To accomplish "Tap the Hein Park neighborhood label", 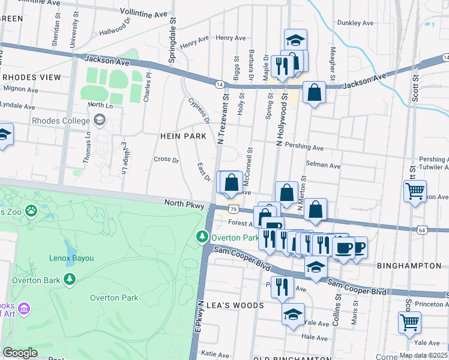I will coord(183,136).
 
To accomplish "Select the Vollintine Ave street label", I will coord(143,11).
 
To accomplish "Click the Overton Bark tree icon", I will coord(70,279).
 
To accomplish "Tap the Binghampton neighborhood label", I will coord(412,265).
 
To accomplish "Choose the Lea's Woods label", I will coord(235,305).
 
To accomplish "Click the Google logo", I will coord(20,353).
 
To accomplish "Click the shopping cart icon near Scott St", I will coord(415,192).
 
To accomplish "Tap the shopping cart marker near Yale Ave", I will coord(409,322).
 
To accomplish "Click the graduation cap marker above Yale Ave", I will coord(293,314).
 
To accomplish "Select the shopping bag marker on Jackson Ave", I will coord(314,93).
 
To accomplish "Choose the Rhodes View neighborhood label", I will coord(31,77).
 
